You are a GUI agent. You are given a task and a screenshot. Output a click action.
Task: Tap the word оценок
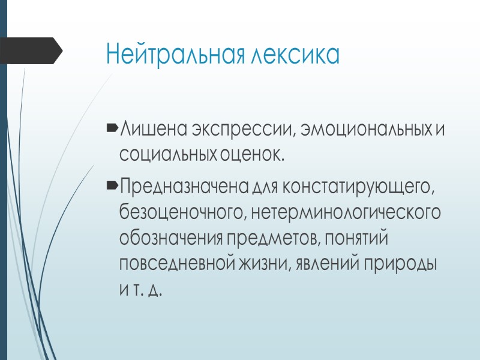point(249,155)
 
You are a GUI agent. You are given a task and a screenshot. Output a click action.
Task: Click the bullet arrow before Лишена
point(112,129)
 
